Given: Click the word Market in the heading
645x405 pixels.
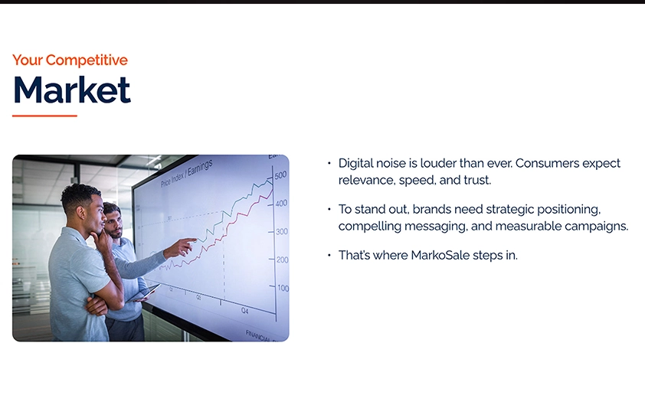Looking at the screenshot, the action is coord(73,90).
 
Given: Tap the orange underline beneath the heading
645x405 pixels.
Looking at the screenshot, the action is coord(45,116).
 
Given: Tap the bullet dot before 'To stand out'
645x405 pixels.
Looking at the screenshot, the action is coord(329,209).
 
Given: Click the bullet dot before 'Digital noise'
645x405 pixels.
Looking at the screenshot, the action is coord(329,163).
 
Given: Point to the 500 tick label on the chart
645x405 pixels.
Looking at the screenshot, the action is coord(280,175).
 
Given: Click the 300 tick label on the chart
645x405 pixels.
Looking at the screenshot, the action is coord(282,231).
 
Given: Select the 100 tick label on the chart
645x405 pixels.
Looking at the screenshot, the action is coord(283,288).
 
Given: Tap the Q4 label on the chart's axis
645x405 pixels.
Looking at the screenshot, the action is coord(244,311).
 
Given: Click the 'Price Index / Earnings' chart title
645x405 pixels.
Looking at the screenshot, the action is coord(187,173).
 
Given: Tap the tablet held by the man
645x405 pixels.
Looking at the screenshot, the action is coord(142,293).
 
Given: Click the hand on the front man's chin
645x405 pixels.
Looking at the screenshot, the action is coord(100,238).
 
